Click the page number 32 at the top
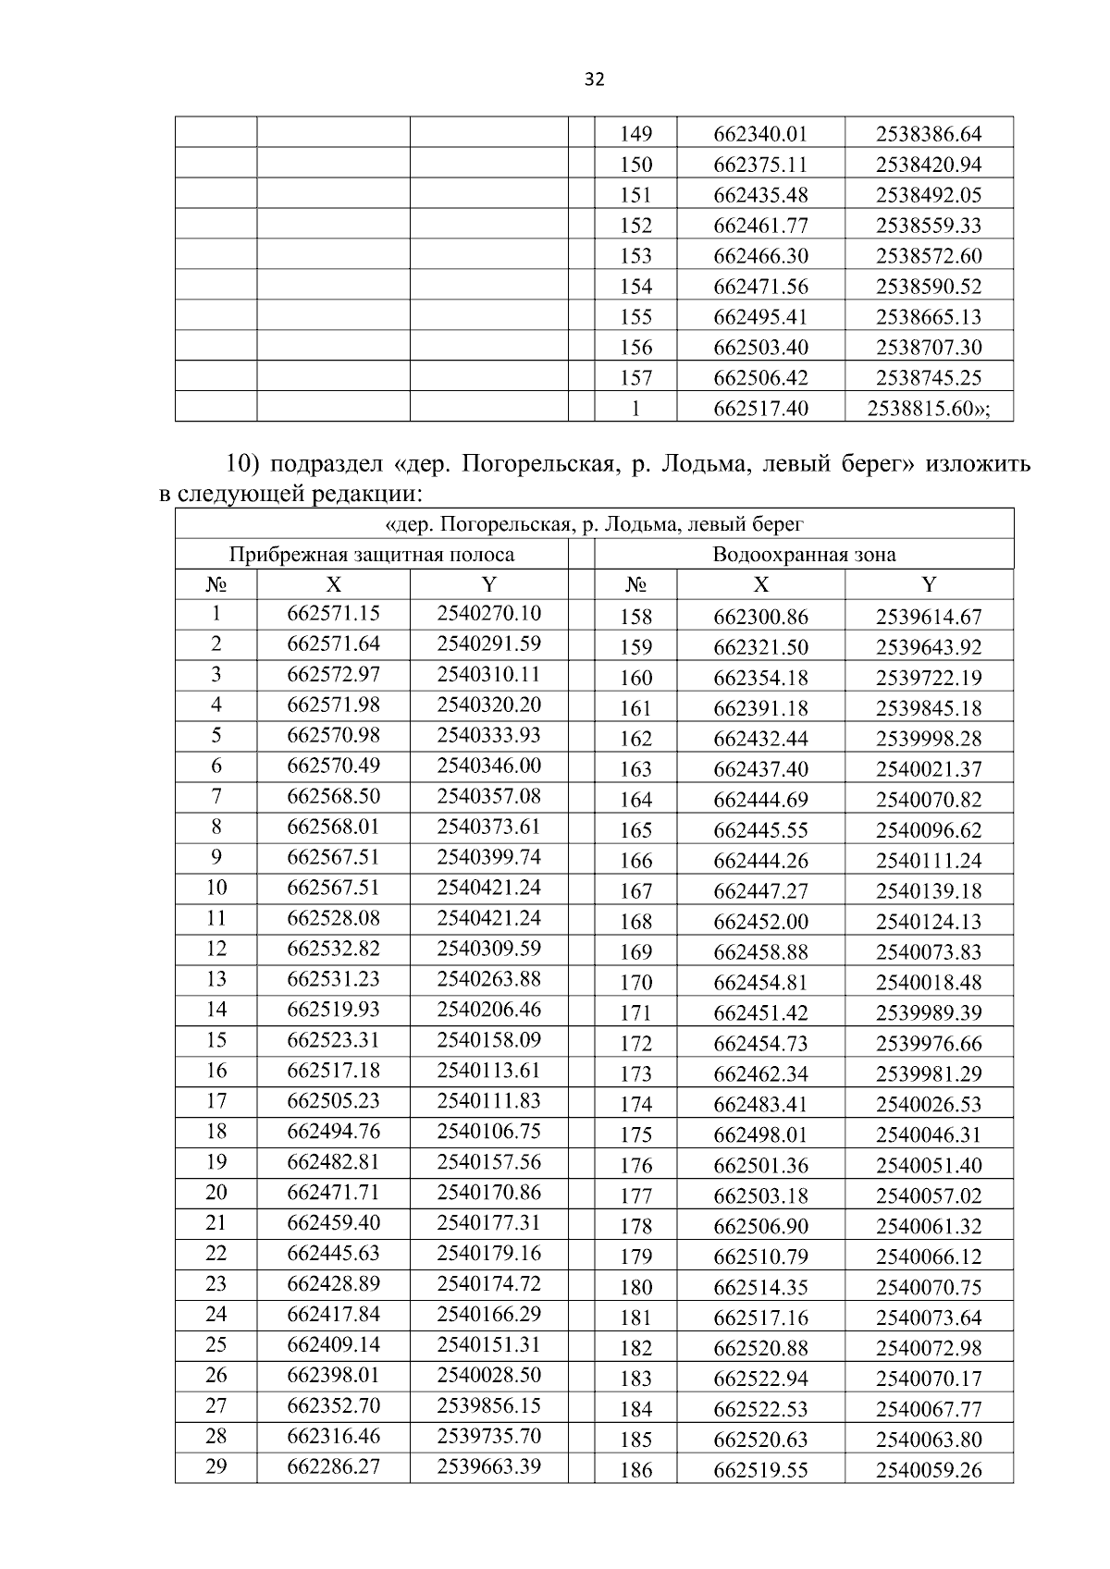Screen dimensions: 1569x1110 595,80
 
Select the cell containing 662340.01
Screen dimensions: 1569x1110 760,134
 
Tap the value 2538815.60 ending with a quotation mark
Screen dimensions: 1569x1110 928,408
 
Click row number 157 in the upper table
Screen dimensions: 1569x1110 635,378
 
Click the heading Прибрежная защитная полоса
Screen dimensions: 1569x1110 372,555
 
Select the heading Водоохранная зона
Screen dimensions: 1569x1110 803,555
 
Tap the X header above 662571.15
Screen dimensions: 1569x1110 334,584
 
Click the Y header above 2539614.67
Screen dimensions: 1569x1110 929,584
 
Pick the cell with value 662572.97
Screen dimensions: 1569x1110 334,674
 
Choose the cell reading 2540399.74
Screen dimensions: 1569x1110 488,857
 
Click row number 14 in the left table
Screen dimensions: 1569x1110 216,1010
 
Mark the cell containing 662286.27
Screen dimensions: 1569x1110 334,1466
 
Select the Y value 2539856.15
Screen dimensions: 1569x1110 488,1405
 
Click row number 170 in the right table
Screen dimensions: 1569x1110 635,983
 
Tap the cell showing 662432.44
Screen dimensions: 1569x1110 760,739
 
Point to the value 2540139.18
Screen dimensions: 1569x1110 929,891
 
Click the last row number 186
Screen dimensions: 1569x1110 635,1470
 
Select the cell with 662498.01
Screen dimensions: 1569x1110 760,1135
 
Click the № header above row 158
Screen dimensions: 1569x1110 635,584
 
